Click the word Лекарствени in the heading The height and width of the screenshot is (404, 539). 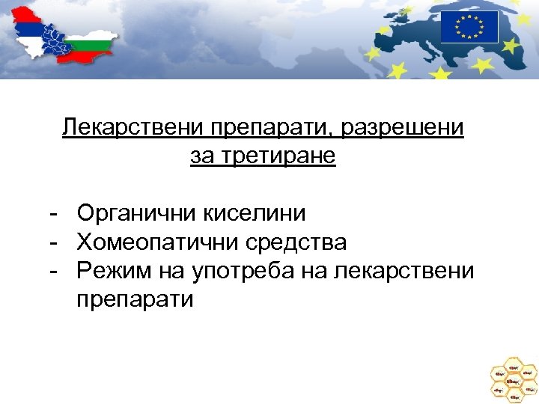click(123, 128)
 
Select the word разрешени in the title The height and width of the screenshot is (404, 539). click(402, 128)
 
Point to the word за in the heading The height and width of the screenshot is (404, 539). click(200, 157)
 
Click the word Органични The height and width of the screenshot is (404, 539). click(136, 214)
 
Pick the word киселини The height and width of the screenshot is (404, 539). click(255, 214)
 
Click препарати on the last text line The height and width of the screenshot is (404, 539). click(135, 300)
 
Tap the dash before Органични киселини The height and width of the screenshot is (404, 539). click(54, 214)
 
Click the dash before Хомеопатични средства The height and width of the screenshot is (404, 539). click(54, 242)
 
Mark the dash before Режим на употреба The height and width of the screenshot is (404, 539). click(54, 271)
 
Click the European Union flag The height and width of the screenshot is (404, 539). click(469, 27)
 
